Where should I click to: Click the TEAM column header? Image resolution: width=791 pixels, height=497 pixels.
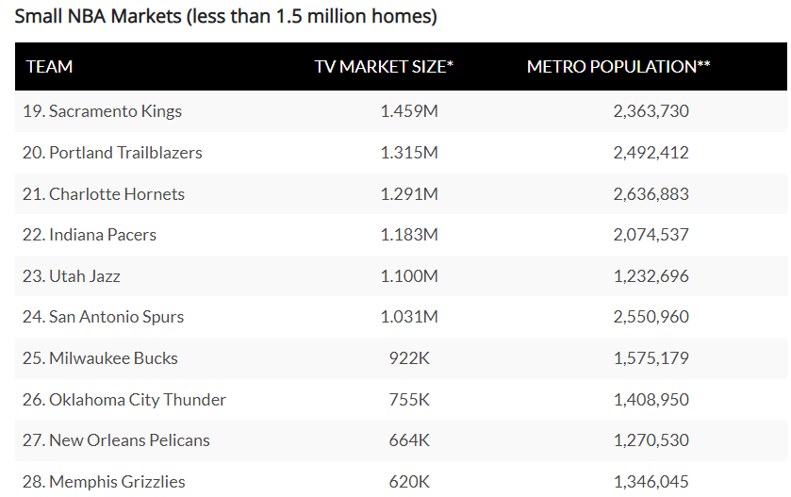point(50,67)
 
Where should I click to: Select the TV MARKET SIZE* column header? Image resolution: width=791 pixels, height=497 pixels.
point(384,67)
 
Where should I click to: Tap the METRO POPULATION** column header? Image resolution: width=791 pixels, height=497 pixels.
point(618,67)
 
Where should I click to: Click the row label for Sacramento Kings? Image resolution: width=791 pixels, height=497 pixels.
point(102,111)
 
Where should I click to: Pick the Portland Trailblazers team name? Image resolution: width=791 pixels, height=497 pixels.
point(112,153)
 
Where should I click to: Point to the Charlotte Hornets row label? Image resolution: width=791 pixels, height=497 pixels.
point(104,194)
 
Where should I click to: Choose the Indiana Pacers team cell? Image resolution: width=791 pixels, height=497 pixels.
point(90,235)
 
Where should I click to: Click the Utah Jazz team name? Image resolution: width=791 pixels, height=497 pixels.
point(72,276)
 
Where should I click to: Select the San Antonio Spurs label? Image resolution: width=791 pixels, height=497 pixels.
point(104,317)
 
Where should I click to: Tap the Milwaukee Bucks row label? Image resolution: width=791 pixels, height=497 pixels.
point(100,358)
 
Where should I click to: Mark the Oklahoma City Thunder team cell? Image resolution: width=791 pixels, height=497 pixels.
point(124,400)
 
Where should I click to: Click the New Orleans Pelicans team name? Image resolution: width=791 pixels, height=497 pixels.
point(116,440)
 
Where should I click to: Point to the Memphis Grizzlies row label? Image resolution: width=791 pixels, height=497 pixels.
point(104,482)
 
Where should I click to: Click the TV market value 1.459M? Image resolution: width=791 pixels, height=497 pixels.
point(409,111)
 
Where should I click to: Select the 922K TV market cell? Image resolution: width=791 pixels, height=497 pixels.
point(409,358)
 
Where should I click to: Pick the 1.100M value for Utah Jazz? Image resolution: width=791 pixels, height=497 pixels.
point(409,276)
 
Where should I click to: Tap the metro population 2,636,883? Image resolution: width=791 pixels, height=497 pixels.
point(651,194)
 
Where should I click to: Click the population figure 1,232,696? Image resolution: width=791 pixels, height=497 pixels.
point(651,276)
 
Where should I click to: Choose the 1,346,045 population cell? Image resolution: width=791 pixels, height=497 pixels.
point(651,482)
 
